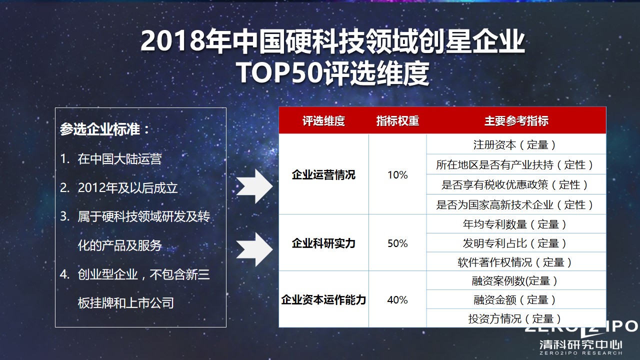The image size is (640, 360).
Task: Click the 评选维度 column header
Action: tap(323, 121)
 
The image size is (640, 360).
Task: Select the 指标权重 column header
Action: tap(397, 121)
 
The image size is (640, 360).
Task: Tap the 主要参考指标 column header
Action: tap(516, 121)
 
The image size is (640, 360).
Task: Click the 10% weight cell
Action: tap(397, 175)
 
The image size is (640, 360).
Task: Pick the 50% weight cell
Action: tap(397, 243)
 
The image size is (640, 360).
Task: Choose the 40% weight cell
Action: tap(397, 300)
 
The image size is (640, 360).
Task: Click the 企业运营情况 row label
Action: tap(323, 175)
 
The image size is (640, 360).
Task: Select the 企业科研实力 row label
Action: tap(323, 243)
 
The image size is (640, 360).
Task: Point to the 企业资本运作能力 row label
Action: tap(323, 300)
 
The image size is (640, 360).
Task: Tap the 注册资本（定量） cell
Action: tap(515, 145)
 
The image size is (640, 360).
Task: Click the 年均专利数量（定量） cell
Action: tap(515, 224)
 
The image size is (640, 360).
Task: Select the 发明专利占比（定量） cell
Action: tap(515, 243)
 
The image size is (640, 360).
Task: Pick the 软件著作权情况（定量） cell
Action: tap(515, 262)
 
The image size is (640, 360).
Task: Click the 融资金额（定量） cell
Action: tap(515, 300)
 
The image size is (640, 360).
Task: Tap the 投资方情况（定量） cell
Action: tap(515, 318)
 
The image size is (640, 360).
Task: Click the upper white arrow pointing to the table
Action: tap(253, 186)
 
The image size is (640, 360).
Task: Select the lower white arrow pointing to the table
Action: tap(253, 249)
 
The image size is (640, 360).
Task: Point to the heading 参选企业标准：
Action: tap(105, 129)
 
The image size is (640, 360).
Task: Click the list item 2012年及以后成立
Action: tap(127, 188)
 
